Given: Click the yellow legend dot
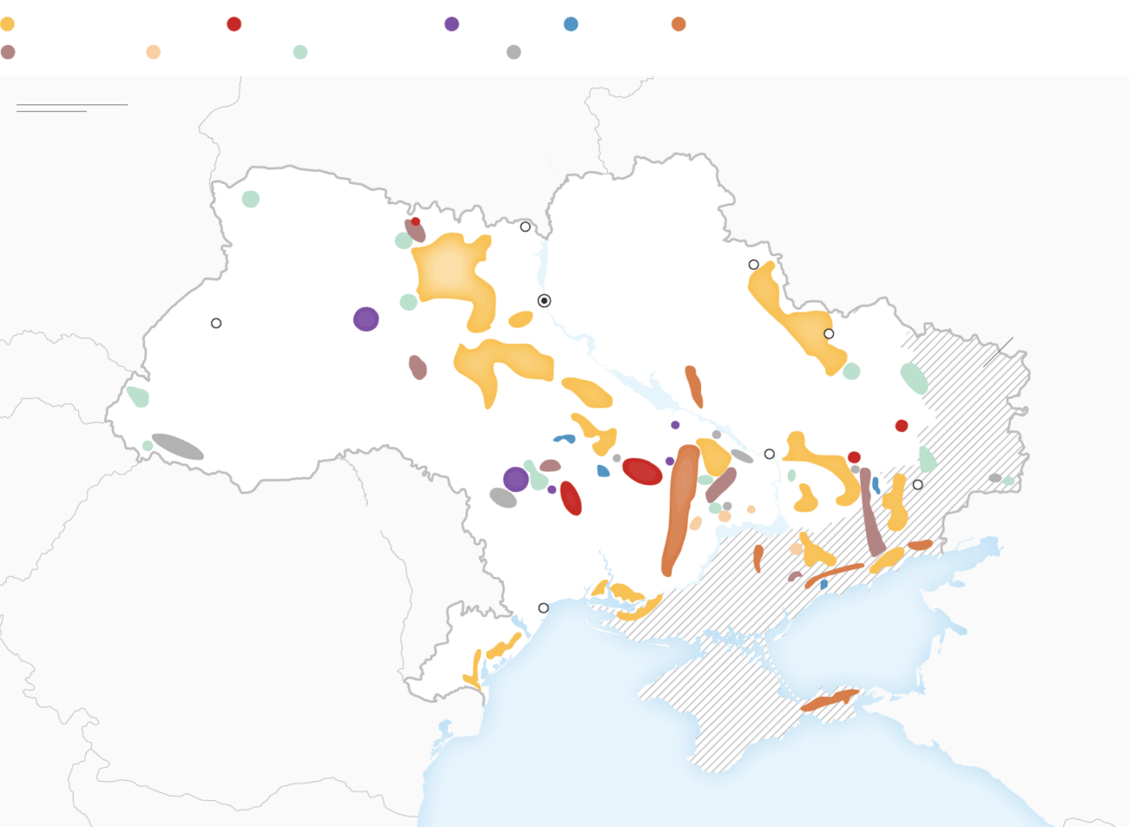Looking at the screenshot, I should [x=7, y=24].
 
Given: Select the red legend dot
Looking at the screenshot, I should [x=234, y=24].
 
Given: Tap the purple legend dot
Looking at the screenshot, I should [x=452, y=24].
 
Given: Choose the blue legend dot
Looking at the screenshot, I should [x=571, y=24].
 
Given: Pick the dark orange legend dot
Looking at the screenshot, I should [x=678, y=24].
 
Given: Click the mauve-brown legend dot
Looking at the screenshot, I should [x=8, y=52].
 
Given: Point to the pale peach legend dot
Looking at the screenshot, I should [x=153, y=52].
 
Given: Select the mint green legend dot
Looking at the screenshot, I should [x=300, y=52].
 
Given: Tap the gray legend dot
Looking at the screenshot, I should [x=513, y=52].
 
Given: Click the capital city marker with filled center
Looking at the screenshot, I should [x=545, y=301].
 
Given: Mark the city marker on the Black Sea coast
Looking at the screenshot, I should [x=544, y=608].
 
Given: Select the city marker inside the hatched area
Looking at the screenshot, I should [x=917, y=485].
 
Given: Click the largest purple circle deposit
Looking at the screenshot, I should [x=366, y=319].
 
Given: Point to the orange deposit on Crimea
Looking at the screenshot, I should [x=829, y=700].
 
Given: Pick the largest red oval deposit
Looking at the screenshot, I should [x=642, y=471].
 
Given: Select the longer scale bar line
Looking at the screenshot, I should [x=72, y=104].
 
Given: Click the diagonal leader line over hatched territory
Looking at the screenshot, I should [x=998, y=352].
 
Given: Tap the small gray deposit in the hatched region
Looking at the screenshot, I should [x=994, y=478].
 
